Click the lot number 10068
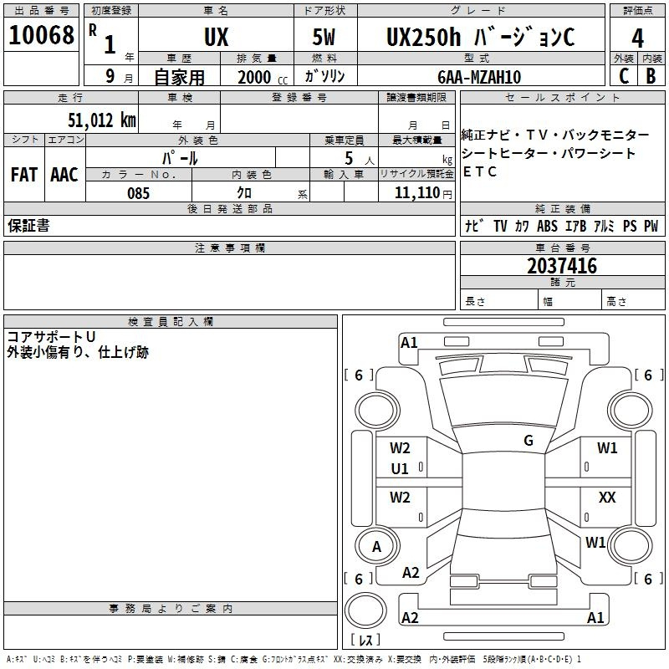pyautogui.click(x=41, y=35)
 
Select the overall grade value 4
pyautogui.click(x=637, y=38)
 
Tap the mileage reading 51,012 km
pyautogui.click(x=102, y=120)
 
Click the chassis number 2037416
pyautogui.click(x=562, y=266)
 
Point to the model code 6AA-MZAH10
pyautogui.click(x=479, y=77)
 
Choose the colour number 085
pyautogui.click(x=138, y=193)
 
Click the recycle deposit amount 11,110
pyautogui.click(x=417, y=193)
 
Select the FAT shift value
pyautogui.click(x=24, y=175)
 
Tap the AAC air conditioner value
pyautogui.click(x=64, y=175)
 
